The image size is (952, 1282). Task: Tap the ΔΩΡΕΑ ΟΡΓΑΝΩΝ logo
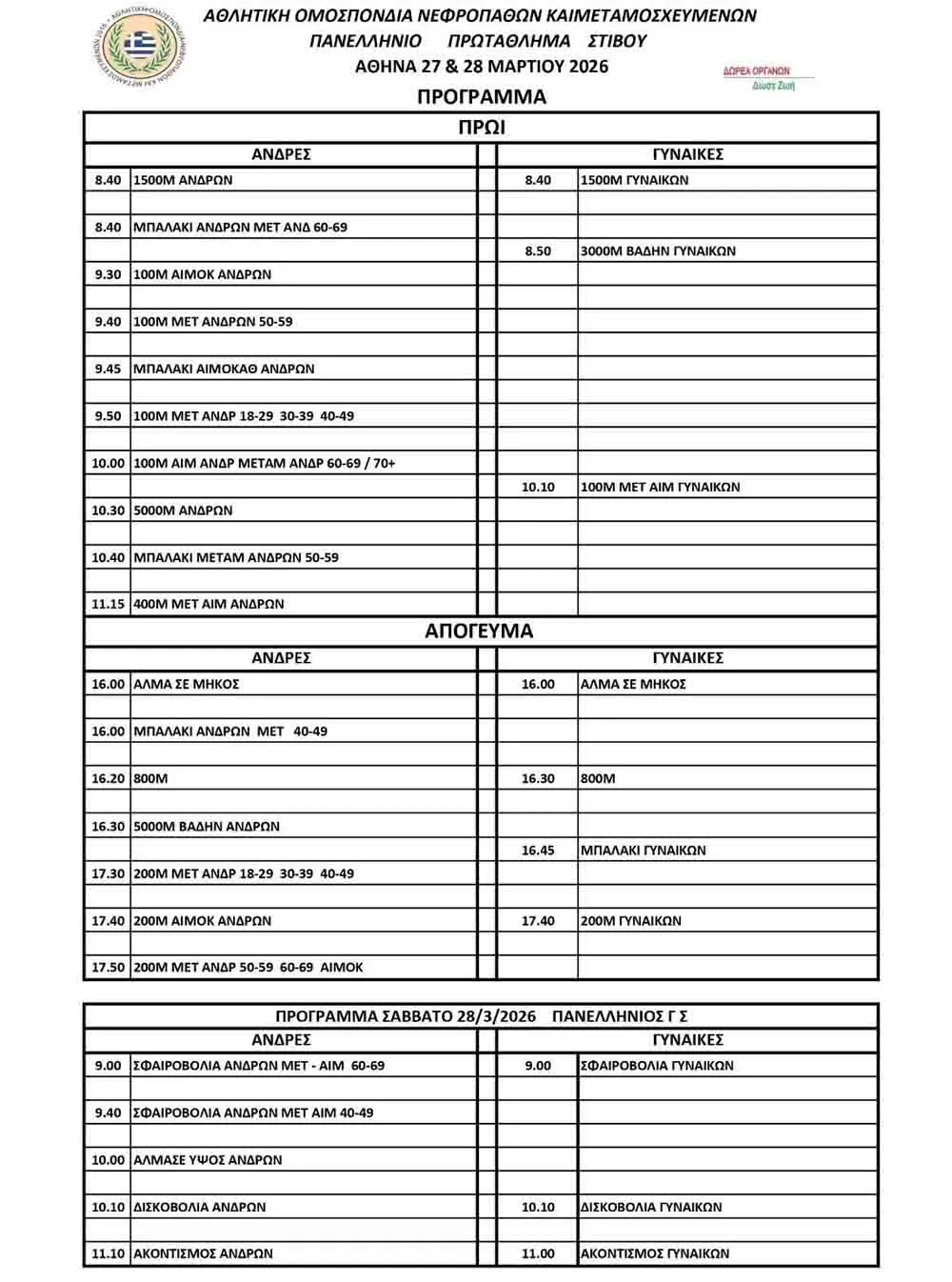click(x=759, y=77)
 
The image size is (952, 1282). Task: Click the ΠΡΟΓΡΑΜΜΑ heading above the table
click(x=481, y=97)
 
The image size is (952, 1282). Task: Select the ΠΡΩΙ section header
click(x=481, y=128)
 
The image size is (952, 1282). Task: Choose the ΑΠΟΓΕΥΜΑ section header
click(x=479, y=631)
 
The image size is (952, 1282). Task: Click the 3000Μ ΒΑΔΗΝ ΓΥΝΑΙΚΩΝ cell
click(x=658, y=251)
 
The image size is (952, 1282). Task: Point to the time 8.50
click(x=537, y=251)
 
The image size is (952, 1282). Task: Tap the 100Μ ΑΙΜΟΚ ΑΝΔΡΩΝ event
click(x=203, y=274)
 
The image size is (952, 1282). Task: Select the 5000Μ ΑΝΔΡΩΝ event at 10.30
click(x=183, y=511)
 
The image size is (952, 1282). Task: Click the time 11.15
click(x=108, y=604)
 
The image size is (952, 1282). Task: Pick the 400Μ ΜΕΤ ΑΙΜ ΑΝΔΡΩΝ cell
click(x=208, y=604)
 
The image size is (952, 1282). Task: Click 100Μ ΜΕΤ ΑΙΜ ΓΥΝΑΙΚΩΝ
click(x=660, y=487)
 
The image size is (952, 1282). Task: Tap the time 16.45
click(x=537, y=851)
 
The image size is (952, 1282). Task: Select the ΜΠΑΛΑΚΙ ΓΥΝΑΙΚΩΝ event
click(x=644, y=851)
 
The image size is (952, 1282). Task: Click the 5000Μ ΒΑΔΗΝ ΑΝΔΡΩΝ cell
click(x=207, y=827)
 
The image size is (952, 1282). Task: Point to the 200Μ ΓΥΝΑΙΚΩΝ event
click(x=630, y=921)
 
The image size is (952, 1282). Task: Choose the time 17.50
click(x=108, y=967)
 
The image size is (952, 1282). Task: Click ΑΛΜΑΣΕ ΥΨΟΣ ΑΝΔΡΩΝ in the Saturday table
click(x=208, y=1160)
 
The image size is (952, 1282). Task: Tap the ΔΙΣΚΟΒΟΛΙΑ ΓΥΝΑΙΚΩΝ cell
click(x=651, y=1207)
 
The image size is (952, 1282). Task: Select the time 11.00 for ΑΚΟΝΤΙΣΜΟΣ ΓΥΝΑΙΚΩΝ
click(x=537, y=1253)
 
